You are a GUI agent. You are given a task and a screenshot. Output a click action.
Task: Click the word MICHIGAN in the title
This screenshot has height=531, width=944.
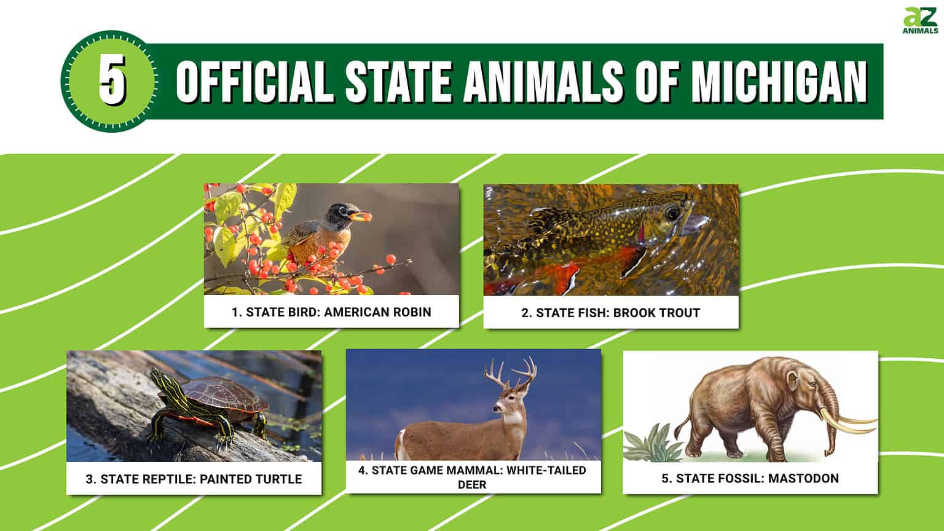coord(779,82)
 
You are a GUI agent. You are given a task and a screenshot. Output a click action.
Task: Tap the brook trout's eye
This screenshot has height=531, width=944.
coord(672,213)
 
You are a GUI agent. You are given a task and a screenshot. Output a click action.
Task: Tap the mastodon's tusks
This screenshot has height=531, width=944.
coord(854,423)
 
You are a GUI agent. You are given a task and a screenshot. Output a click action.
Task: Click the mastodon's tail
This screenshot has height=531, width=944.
coord(681,424)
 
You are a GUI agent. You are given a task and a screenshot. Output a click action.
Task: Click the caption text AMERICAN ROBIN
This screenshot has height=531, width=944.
coord(377,312)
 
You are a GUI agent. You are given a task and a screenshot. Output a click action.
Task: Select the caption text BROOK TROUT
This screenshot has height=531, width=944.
coord(656,313)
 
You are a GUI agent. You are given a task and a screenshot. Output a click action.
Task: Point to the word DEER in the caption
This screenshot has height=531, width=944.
coord(472,485)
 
